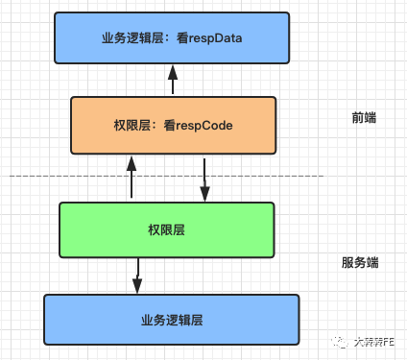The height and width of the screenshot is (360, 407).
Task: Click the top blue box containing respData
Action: (x=172, y=37)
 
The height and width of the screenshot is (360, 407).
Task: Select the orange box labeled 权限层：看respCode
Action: (x=173, y=125)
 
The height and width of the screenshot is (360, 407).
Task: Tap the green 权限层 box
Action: (x=165, y=230)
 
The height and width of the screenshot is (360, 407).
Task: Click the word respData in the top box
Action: (x=213, y=38)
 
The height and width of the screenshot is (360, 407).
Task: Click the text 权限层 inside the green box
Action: (x=165, y=230)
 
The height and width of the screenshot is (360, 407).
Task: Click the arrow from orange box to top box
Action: (x=173, y=81)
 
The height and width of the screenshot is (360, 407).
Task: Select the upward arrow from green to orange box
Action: (x=132, y=178)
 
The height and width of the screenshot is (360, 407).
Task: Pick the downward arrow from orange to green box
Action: (x=204, y=178)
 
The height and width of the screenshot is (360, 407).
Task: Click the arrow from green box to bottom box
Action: (x=137, y=276)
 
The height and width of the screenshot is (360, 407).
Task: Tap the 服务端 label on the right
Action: (x=360, y=261)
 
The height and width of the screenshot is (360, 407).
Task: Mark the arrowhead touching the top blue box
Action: (x=173, y=69)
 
